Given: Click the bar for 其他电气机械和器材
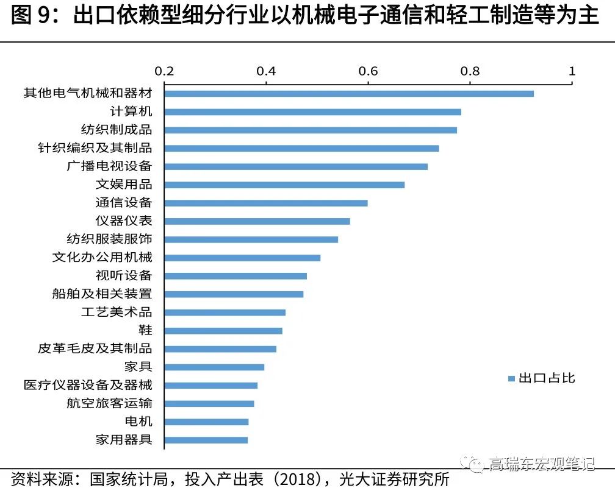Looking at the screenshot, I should coord(349,94).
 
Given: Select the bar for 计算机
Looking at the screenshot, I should coord(312,112).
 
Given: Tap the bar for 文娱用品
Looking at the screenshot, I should coord(284,185).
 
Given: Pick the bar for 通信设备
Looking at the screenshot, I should coord(266,203).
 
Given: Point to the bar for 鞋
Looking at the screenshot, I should coord(223,331).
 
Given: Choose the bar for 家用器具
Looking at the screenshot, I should coord(206,440).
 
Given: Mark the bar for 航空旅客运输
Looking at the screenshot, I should coord(209,403).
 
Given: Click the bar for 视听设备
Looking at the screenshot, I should coord(236,276).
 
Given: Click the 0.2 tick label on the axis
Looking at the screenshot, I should coord(164,71).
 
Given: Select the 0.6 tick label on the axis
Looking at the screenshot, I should coord(368,71).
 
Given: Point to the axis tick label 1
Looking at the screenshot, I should coord(572,71).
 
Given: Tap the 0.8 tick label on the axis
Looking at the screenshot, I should coord(470,71).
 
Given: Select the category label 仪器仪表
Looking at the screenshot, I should coord(124,221).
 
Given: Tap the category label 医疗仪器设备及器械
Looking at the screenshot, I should coord(88,385).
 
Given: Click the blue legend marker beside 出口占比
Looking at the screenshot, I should coord(512,379).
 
